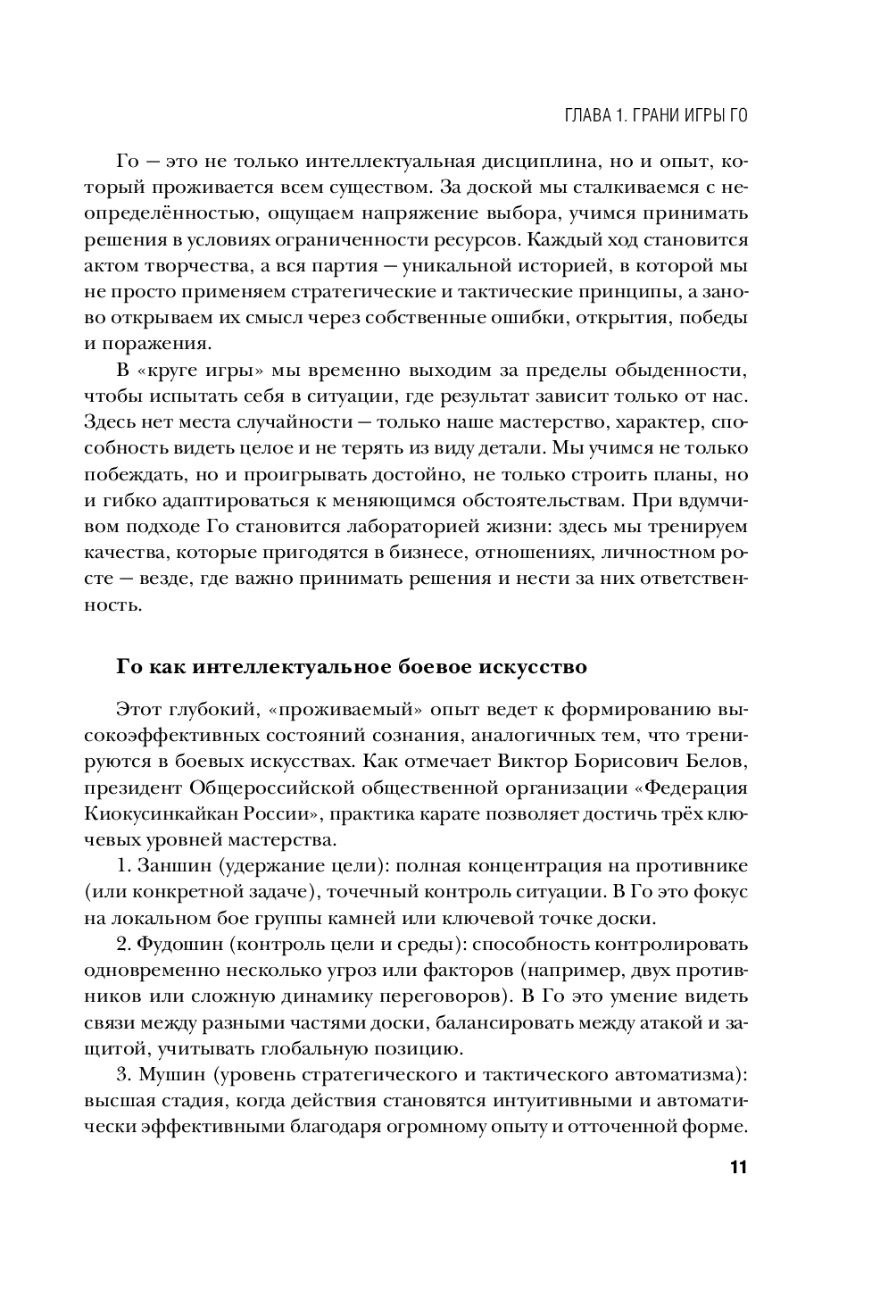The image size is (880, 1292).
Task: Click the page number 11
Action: (x=736, y=1168)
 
